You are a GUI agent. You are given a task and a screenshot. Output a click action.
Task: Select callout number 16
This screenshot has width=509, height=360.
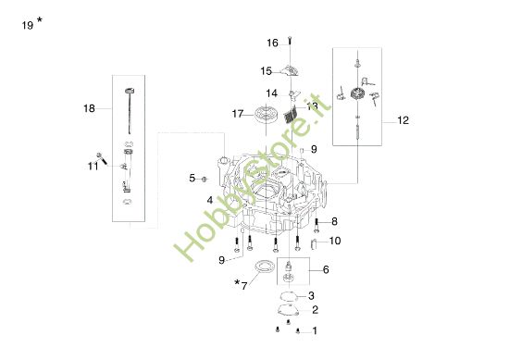[x=273, y=43]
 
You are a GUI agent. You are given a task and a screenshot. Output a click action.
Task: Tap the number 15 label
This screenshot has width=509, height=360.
[x=266, y=70]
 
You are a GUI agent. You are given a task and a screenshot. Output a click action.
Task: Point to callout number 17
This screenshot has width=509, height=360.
[x=237, y=113]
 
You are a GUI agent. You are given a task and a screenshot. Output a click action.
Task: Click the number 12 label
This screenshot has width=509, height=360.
[x=403, y=120]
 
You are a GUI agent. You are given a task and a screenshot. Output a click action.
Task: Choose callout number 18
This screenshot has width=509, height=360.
[x=89, y=108]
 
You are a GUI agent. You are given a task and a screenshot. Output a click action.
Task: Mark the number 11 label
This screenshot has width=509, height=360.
[x=93, y=166]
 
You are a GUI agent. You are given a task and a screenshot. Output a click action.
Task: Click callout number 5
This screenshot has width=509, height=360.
[x=193, y=178]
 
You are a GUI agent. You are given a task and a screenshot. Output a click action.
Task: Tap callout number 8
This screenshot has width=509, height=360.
[x=334, y=221]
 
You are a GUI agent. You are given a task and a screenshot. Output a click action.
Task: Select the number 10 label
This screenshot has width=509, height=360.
[x=335, y=241]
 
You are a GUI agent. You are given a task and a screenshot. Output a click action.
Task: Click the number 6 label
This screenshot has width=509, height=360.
[x=325, y=269]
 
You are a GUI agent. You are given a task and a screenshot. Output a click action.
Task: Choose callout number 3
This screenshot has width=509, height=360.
[x=312, y=295]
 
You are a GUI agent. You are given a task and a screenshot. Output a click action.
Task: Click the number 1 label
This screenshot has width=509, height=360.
[x=315, y=330]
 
